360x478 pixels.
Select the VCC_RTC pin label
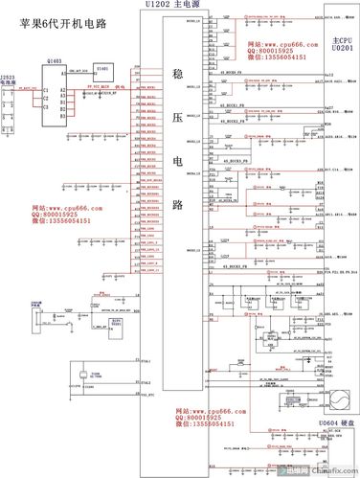coord(145,395)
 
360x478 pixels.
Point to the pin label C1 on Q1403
coord(45,89)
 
